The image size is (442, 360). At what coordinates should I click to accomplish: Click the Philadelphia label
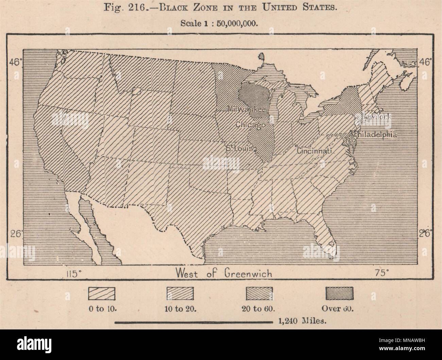click(x=375, y=134)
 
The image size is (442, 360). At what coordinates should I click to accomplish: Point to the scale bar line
click(x=194, y=321)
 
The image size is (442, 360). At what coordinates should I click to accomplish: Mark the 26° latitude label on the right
click(x=425, y=234)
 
